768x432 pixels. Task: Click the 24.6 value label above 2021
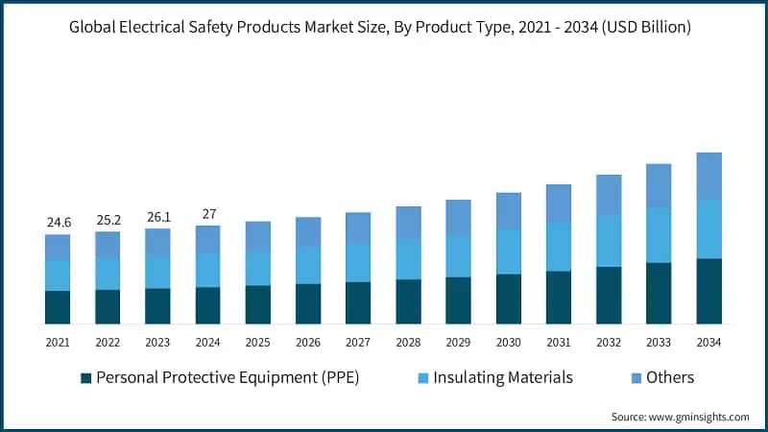[58, 223]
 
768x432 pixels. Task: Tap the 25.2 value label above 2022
[108, 220]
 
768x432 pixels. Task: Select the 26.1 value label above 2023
[157, 217]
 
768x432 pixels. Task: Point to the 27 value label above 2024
[207, 214]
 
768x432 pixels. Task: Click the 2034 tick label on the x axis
[708, 341]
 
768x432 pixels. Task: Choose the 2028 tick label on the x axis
[408, 341]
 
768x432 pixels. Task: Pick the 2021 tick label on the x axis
[58, 341]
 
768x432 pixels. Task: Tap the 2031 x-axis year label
[558, 341]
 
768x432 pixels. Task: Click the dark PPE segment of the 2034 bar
[708, 291]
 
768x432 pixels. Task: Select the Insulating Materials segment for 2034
[708, 228]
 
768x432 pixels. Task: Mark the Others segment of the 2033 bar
[659, 185]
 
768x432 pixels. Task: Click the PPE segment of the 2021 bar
[58, 307]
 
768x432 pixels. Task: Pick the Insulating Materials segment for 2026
[308, 265]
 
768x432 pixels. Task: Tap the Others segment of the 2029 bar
[458, 217]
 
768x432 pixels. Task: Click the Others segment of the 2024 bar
[207, 239]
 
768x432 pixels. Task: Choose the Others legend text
[669, 377]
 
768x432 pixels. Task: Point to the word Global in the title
[95, 27]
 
